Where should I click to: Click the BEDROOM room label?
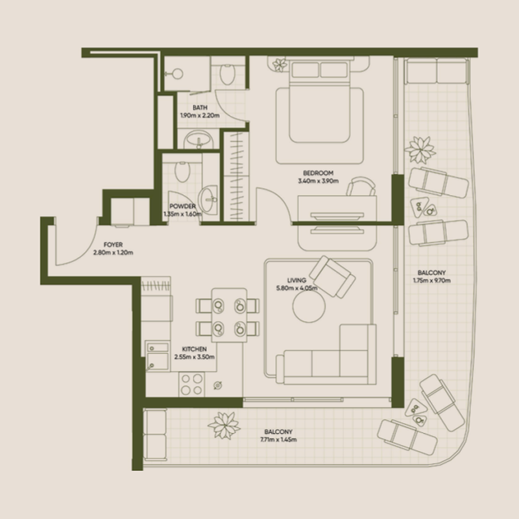click(x=318, y=173)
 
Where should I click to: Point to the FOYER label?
click(x=104, y=245)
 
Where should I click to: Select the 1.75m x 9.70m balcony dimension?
click(x=431, y=281)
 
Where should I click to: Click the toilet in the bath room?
click(x=227, y=76)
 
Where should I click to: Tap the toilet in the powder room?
click(x=182, y=171)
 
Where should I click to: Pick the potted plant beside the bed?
click(x=280, y=64)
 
